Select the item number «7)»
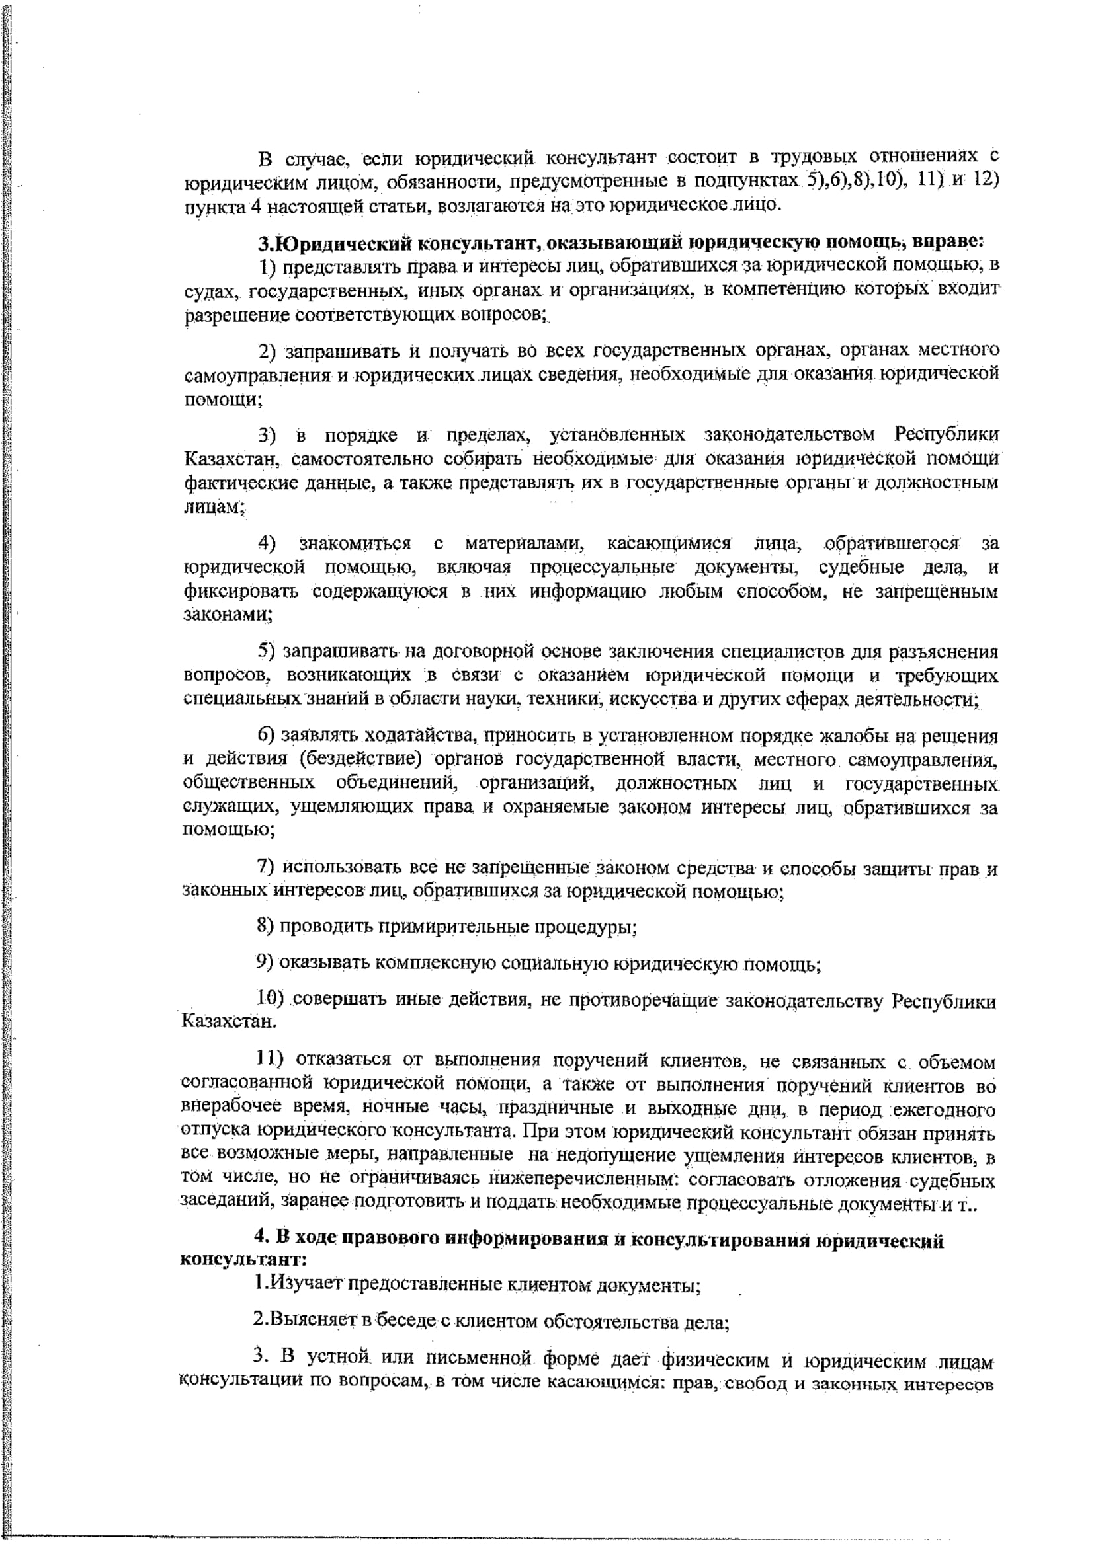coord(267,868)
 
